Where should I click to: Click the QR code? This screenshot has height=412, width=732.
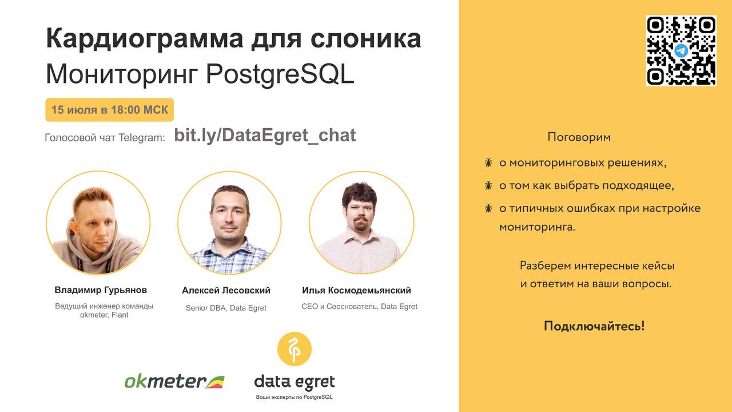coord(681,51)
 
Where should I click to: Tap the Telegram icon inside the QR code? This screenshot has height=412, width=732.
coord(681,51)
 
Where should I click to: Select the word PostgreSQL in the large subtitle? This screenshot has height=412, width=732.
coord(280,74)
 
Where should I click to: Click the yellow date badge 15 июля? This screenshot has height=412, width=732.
coord(109,110)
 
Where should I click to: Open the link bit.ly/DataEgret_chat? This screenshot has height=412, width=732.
coord(265,136)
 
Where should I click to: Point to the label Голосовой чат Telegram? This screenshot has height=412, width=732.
coord(105,138)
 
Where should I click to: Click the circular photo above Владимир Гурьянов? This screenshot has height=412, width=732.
coord(98,223)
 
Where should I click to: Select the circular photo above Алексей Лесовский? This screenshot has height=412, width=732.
coord(229,223)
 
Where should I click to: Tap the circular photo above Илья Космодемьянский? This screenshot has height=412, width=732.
coord(361,223)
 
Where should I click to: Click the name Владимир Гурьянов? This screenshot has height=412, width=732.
coord(101,290)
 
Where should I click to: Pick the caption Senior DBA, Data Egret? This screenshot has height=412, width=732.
coord(226,308)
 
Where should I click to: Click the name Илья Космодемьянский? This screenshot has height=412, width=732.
coord(356,290)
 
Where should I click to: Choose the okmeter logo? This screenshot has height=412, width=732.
coord(174,381)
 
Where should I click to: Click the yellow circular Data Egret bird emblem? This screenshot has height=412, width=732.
coord(295,349)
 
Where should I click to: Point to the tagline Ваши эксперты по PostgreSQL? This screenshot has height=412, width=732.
coord(294,397)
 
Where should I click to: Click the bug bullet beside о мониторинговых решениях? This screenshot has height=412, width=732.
coord(488,163)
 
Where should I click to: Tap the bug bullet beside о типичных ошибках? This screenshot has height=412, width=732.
coord(488,208)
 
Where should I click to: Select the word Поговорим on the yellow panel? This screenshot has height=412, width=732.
coord(579,137)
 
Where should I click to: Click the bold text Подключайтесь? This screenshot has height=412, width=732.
coord(594,326)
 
